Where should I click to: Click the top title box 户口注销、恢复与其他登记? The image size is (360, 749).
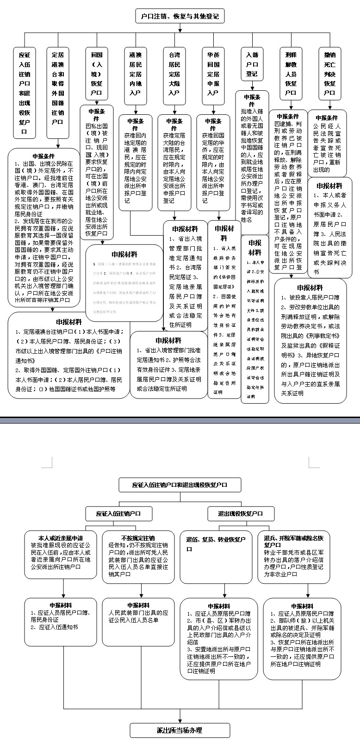click(x=180, y=17)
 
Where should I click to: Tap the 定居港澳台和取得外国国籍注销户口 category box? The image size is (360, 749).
click(x=58, y=88)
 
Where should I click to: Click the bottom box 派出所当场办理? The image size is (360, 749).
click(x=180, y=730)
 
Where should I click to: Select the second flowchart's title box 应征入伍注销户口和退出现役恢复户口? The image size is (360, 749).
click(x=180, y=485)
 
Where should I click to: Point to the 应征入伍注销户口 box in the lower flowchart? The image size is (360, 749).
click(x=118, y=513)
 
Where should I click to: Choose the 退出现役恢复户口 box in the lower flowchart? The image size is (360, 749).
click(x=241, y=513)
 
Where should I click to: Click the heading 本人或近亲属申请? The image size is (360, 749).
click(x=61, y=538)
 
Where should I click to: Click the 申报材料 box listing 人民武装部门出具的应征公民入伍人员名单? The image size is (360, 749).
click(x=138, y=622)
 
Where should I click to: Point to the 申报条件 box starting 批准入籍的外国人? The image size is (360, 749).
click(x=252, y=157)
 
